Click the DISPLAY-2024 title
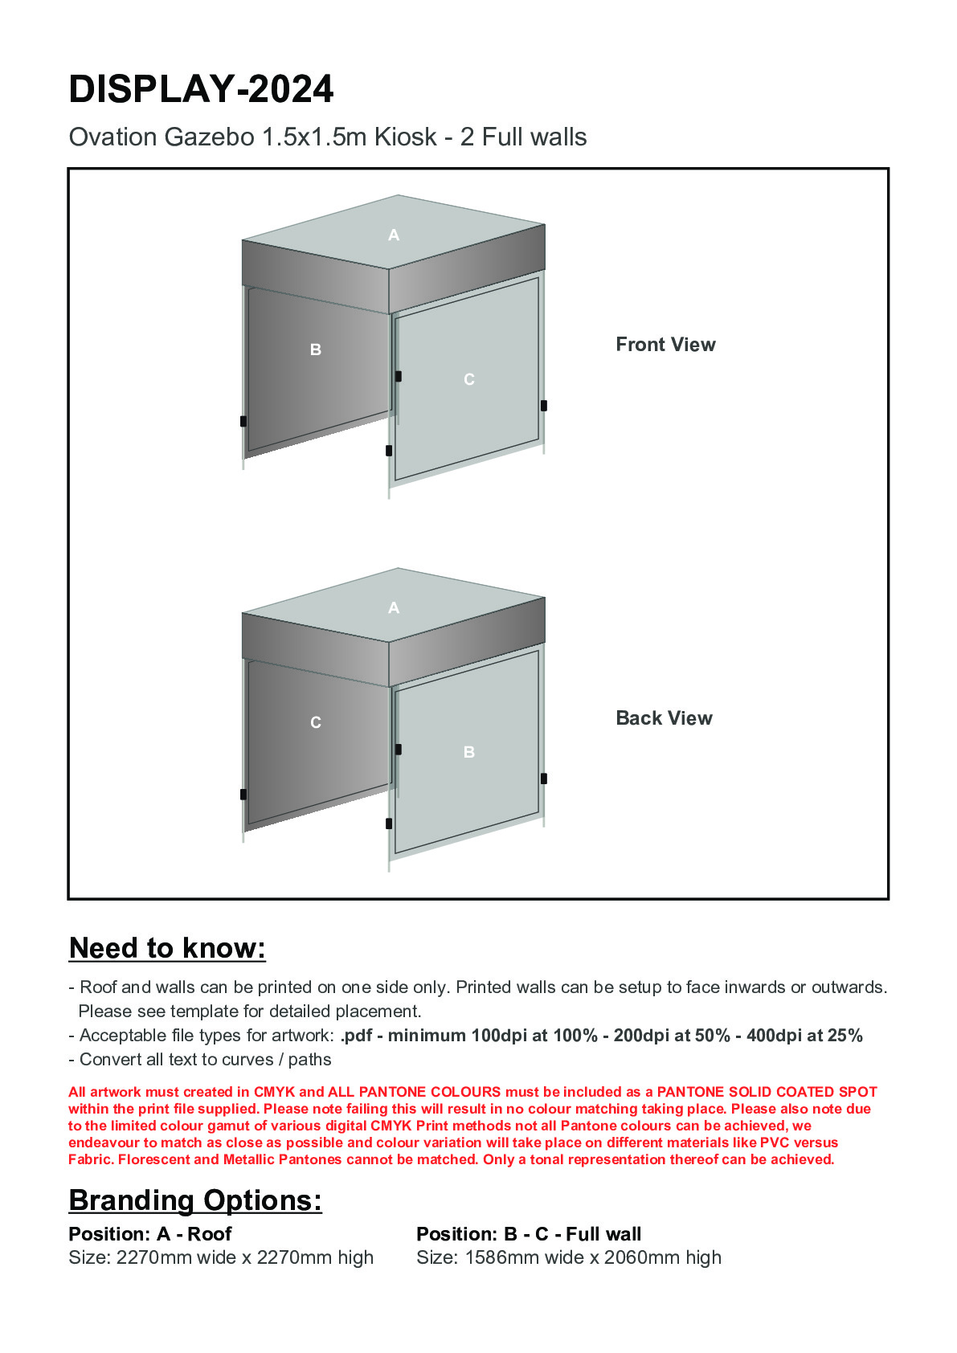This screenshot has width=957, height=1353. pyautogui.click(x=201, y=89)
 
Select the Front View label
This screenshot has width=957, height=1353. pyautogui.click(x=665, y=345)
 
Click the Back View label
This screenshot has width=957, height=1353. pyautogui.click(x=664, y=718)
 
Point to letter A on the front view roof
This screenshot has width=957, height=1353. pyautogui.click(x=394, y=235)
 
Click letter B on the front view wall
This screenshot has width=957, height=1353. pyautogui.click(x=316, y=350)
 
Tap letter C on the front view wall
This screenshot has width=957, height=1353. pyautogui.click(x=469, y=379)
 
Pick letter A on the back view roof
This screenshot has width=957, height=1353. pyautogui.click(x=394, y=608)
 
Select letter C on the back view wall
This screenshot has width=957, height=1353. pyautogui.click(x=316, y=723)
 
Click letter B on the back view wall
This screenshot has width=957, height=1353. pyautogui.click(x=469, y=753)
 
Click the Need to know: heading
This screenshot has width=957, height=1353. pyautogui.click(x=167, y=948)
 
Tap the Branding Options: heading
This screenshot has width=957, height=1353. pyautogui.click(x=195, y=1200)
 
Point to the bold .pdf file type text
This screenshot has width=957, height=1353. pyautogui.click(x=356, y=1036)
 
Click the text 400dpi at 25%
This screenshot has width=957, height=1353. pyautogui.click(x=804, y=1036)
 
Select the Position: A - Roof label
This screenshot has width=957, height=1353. pyautogui.click(x=150, y=1234)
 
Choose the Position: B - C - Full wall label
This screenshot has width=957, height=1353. pyautogui.click(x=529, y=1234)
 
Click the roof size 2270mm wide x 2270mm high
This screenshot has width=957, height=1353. pyautogui.click(x=244, y=1257)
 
